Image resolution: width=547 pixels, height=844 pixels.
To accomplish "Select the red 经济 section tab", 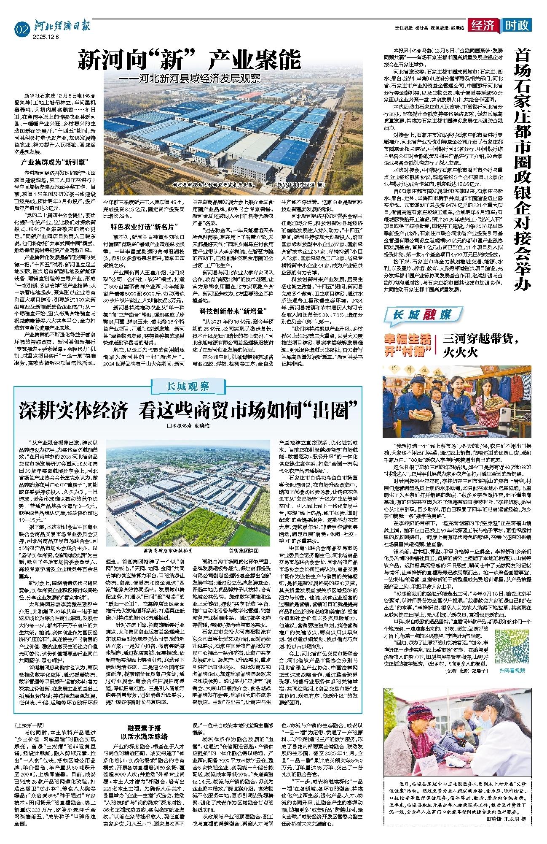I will point(485,26).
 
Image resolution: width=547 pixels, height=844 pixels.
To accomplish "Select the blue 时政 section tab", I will point(517,26).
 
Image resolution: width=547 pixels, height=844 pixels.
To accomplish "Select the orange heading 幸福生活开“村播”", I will point(407,344).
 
